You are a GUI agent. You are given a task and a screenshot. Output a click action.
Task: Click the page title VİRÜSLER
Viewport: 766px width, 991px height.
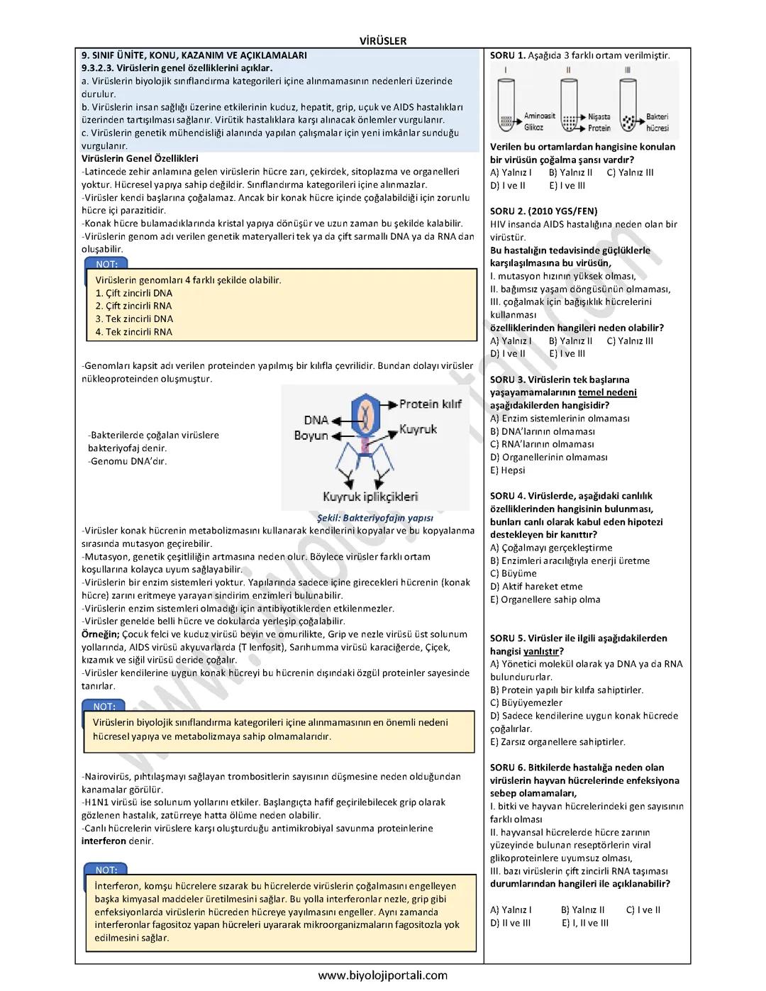[x=383, y=41]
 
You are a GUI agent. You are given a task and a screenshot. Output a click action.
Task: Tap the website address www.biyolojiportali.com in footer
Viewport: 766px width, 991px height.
[x=383, y=975]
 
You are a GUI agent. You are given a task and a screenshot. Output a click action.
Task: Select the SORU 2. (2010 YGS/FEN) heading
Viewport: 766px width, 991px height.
[x=543, y=211]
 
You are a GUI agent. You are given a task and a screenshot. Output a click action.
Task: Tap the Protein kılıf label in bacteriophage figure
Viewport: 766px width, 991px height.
[x=431, y=404]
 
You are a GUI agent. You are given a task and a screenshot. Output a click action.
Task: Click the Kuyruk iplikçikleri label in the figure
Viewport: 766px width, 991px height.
[x=370, y=497]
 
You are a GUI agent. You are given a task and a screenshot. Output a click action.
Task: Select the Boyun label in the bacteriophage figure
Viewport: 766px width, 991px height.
[x=311, y=435]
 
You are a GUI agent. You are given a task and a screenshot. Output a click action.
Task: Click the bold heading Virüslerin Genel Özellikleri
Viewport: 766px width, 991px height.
[x=140, y=159]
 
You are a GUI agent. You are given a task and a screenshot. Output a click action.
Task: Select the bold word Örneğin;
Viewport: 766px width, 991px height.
[x=101, y=634]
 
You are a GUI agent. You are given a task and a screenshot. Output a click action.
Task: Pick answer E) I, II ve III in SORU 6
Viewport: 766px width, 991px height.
[x=585, y=923]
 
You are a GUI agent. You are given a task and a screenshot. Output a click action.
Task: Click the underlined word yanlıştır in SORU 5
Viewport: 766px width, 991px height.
[x=541, y=651]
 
